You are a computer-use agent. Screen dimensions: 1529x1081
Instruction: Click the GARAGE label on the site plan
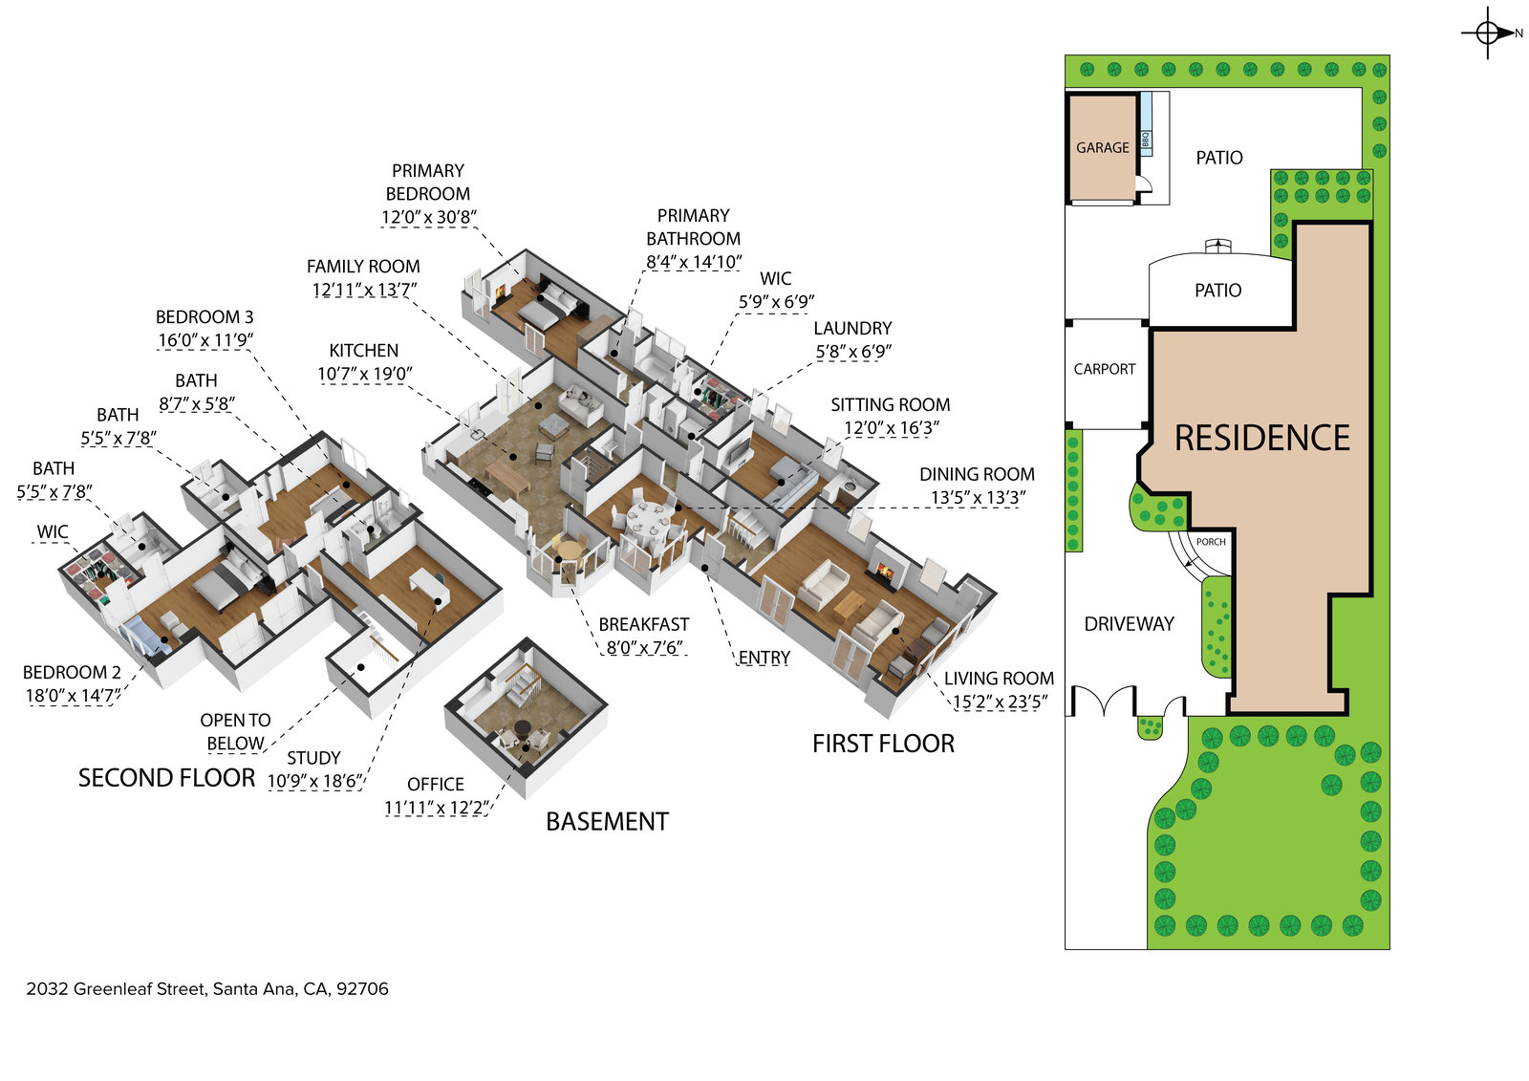pos(1102,148)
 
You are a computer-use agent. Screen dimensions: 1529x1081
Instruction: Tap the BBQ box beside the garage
pos(1145,140)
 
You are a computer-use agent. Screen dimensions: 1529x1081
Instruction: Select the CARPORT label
pos(1105,369)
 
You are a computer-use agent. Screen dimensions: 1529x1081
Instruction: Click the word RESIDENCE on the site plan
pos(1261,438)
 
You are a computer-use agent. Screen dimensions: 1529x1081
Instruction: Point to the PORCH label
pos(1211,542)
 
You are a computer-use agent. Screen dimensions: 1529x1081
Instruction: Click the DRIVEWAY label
pos(1129,624)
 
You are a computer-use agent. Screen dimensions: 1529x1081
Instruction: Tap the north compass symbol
pos(1488,33)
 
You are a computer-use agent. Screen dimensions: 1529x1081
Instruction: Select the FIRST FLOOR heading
pos(883,744)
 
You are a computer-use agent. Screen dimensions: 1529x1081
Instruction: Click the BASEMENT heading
pos(607,822)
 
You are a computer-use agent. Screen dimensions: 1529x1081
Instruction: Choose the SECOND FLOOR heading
pos(166,778)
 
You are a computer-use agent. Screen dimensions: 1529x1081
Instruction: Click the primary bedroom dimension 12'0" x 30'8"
pos(428,217)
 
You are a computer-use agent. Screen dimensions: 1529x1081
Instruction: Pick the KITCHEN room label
pos(363,351)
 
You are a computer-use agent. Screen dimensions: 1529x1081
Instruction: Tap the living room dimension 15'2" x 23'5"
pos(1000,703)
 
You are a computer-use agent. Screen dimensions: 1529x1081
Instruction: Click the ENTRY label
pos(764,658)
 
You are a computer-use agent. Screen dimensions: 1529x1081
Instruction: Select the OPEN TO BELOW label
pos(235,732)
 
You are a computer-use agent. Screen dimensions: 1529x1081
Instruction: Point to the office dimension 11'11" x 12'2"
pos(436,808)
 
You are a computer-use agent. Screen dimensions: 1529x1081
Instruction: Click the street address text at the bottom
pos(207,989)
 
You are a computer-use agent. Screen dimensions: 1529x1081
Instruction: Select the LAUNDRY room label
pos(852,328)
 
